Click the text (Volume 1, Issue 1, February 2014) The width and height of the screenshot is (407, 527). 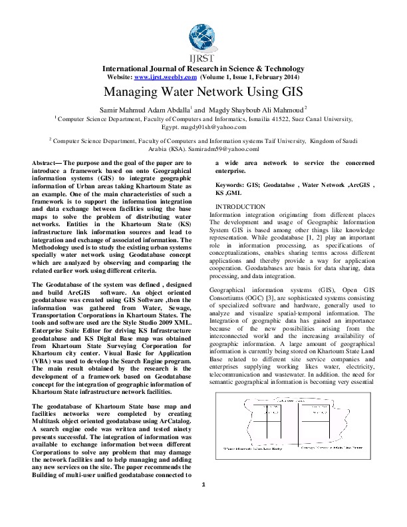click(251, 77)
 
